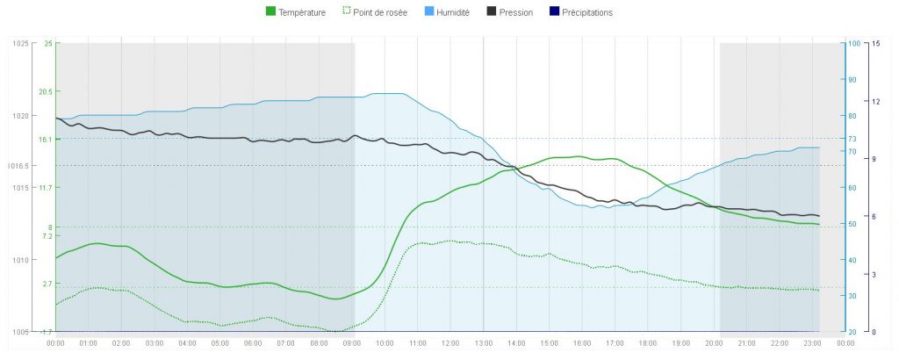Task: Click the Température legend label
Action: [302, 12]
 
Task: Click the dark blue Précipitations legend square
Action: [553, 12]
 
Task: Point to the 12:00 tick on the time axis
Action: [450, 342]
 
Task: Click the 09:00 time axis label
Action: [351, 342]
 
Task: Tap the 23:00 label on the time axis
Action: [812, 342]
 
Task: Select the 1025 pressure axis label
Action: [19, 43]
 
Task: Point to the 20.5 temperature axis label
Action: [45, 91]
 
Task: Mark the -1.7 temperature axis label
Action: [47, 331]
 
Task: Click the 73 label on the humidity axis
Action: [851, 139]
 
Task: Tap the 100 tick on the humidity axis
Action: [852, 43]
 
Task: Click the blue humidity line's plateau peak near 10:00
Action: [386, 93]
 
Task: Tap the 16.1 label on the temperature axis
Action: [45, 139]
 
